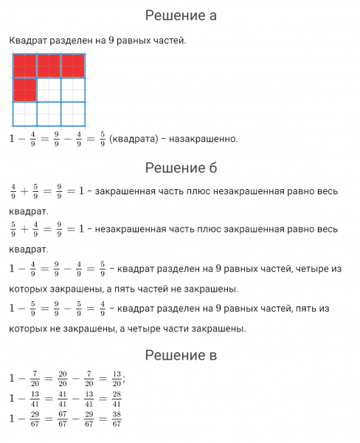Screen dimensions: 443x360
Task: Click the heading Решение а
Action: click(x=180, y=15)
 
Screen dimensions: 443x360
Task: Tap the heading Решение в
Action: click(x=180, y=356)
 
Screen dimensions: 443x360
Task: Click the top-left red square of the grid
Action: click(x=24, y=66)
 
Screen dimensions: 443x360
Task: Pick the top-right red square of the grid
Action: click(x=72, y=66)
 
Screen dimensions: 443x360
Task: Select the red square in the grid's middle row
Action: click(x=24, y=89)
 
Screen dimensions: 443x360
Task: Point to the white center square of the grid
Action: click(x=49, y=89)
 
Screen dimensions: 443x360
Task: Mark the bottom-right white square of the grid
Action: click(x=72, y=113)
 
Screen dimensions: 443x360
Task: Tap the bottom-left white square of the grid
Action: click(x=24, y=113)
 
